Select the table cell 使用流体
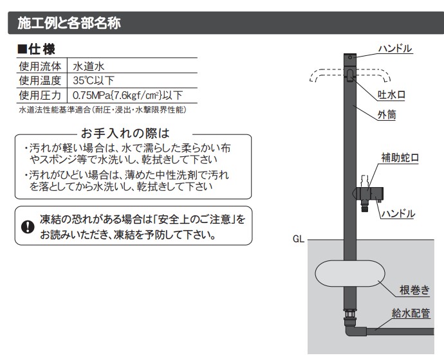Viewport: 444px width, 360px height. (40, 66)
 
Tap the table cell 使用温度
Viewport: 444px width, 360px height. (40, 80)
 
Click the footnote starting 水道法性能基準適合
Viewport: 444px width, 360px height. (103, 110)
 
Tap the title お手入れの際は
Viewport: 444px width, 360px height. (124, 134)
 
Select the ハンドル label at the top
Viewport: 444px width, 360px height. (394, 49)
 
